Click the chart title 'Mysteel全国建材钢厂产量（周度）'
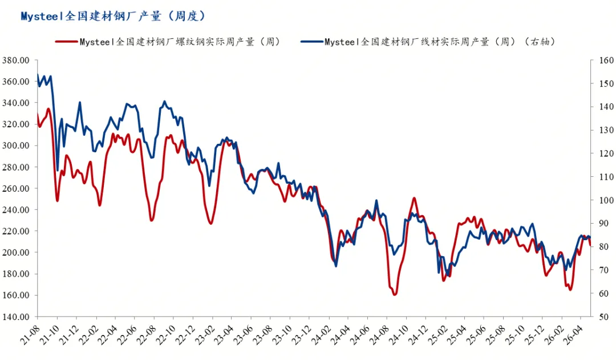click(x=113, y=16)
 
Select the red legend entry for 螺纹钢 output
click(x=168, y=42)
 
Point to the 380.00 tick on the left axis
click(x=16, y=60)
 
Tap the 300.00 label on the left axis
click(x=16, y=145)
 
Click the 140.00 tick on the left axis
click(x=16, y=317)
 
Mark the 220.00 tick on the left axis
click(x=16, y=231)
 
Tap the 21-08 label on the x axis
click(x=30, y=335)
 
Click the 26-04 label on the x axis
click(x=573, y=335)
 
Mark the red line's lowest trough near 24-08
click(x=395, y=294)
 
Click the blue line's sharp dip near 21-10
click(x=58, y=170)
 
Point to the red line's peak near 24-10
click(x=414, y=199)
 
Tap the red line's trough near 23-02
click(x=211, y=223)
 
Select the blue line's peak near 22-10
click(x=165, y=102)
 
